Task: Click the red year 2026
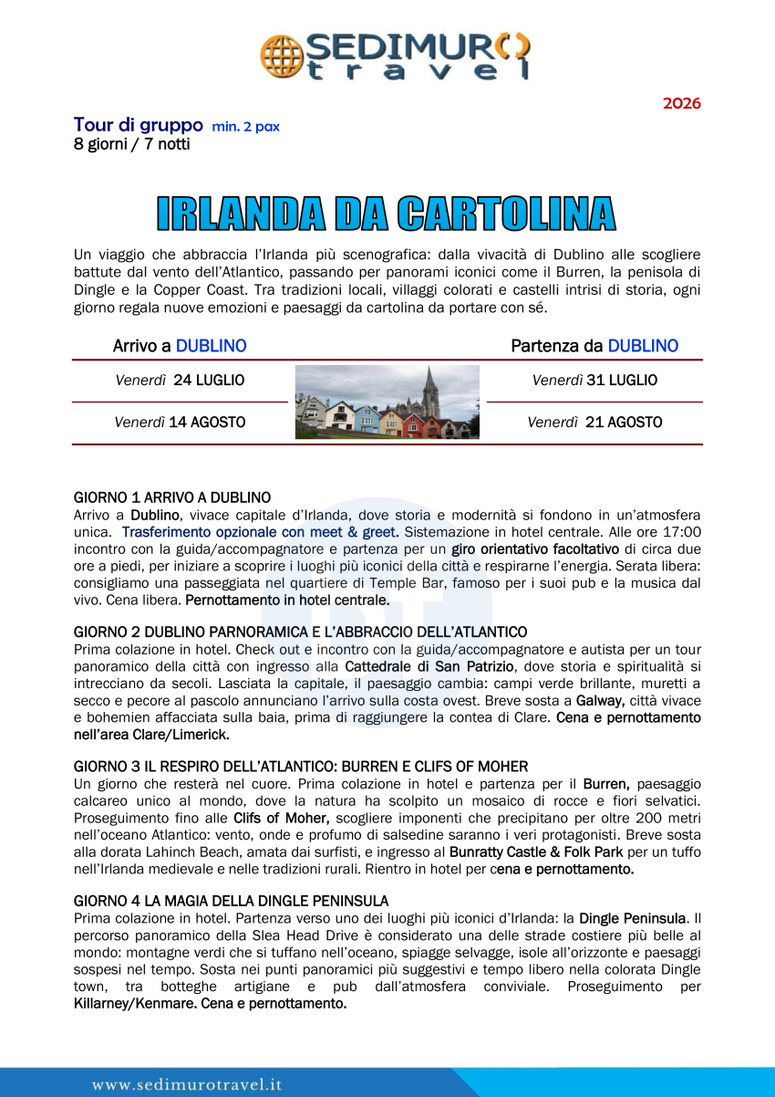[681, 103]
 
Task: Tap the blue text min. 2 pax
[245, 127]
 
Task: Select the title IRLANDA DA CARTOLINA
[387, 213]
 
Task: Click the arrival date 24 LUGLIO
[209, 380]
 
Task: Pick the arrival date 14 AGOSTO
[207, 423]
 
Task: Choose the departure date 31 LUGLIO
[622, 380]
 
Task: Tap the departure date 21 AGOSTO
[624, 423]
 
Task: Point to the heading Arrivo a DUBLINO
[180, 346]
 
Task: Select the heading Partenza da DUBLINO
[594, 346]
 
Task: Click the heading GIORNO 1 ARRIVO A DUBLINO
[171, 497]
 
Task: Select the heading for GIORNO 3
[301, 767]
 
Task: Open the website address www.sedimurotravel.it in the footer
[186, 1084]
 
